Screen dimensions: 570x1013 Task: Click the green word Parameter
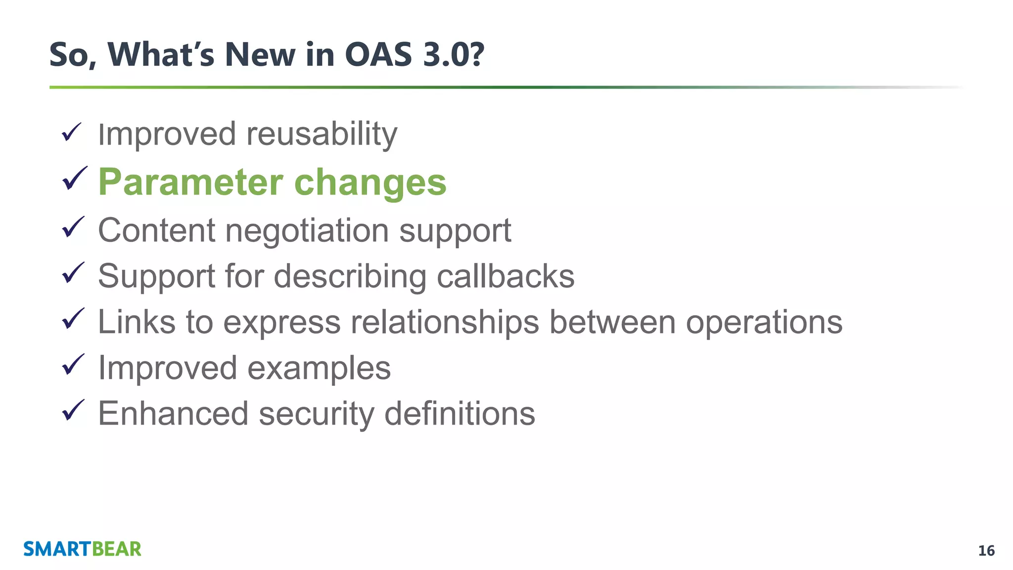click(190, 183)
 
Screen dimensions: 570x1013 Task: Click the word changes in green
click(370, 183)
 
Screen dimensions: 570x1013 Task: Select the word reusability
click(322, 134)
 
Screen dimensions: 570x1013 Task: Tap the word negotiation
click(307, 231)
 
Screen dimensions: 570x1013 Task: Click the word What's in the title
click(161, 54)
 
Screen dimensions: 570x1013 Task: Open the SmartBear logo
click(82, 549)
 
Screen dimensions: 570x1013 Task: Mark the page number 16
click(986, 551)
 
